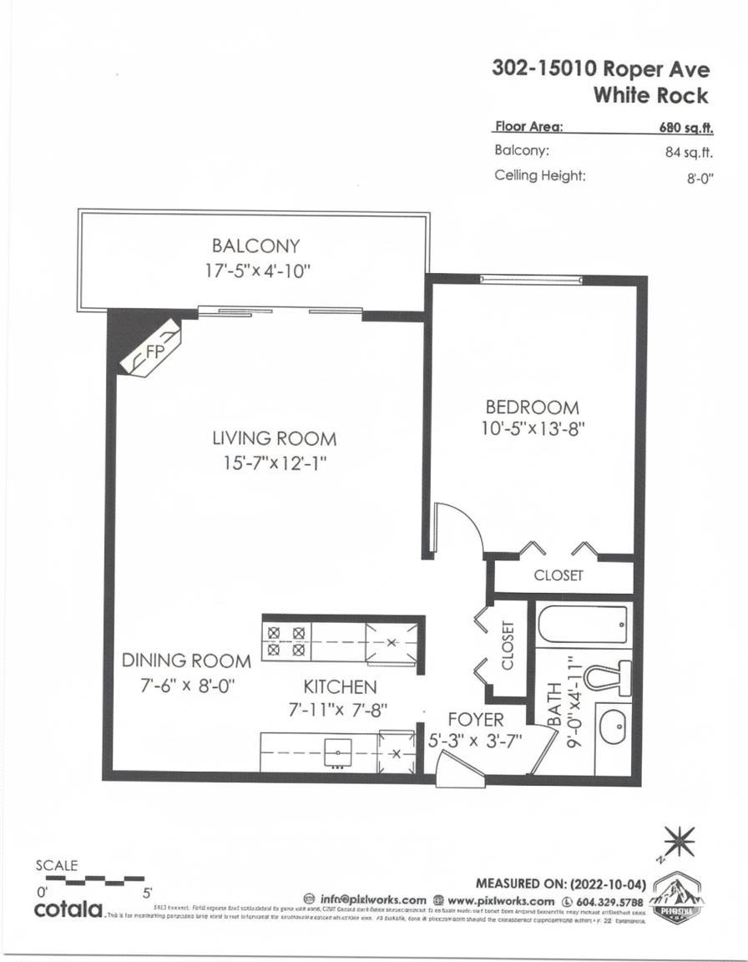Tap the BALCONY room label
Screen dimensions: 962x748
255,246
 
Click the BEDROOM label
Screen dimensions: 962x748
532,408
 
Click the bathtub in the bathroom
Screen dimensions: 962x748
583,622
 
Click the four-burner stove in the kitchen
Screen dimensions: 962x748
286,640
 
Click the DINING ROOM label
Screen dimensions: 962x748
186,661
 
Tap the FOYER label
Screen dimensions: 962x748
475,719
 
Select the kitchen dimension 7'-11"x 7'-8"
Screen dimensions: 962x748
340,710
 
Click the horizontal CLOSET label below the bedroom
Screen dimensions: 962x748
558,575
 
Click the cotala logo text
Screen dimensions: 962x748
68,909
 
